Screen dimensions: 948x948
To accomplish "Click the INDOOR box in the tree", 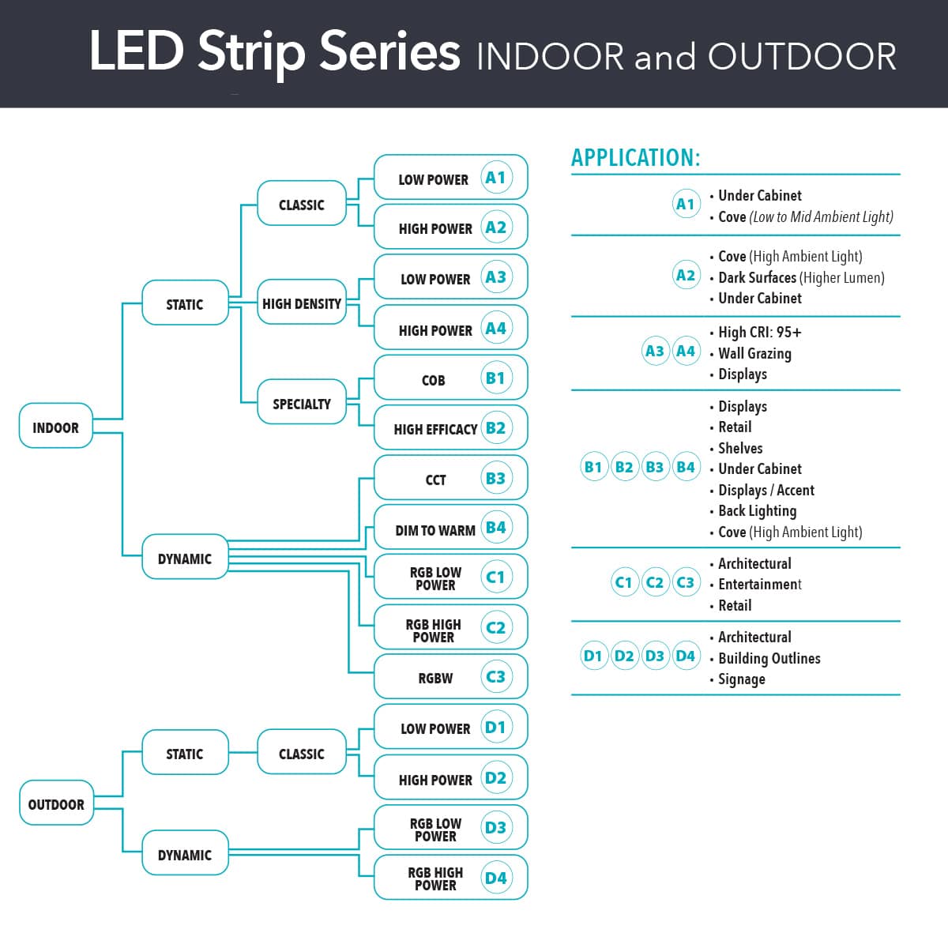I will coord(55,427).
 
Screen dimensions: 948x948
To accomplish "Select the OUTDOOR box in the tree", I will coord(55,803).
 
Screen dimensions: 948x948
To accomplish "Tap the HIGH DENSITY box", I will coord(302,303).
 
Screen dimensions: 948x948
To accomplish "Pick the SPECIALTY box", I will coord(302,403).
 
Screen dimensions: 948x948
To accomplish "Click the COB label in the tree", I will coord(433,380).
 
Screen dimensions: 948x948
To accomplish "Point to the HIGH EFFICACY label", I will coord(435,429).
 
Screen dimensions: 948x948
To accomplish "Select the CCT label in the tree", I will coord(435,480).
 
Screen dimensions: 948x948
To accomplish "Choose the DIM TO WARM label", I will coord(435,530).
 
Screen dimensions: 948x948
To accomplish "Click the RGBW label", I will coord(435,678).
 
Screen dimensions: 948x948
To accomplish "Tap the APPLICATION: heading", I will coord(636,157).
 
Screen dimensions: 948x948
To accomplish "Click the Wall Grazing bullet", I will coord(754,353).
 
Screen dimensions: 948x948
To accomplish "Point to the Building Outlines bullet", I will coord(769,658).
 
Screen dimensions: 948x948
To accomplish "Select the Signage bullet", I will coord(741,679).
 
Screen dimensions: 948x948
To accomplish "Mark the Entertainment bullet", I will coord(759,584).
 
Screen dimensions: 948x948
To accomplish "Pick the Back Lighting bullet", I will coord(757,510).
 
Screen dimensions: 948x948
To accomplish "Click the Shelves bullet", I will coord(740,448).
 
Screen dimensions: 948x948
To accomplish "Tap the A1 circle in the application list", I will coord(685,204).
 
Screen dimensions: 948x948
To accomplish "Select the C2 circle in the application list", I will coord(654,582).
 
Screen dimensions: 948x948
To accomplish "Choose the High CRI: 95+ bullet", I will coord(759,332).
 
